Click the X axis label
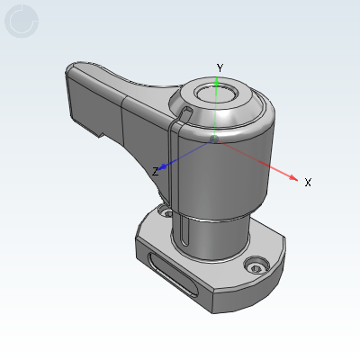[308, 182]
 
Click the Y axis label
[219, 68]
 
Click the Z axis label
[156, 171]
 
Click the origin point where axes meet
[214, 139]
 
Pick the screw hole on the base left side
[164, 212]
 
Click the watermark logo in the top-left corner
[22, 22]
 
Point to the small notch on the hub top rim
[184, 112]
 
